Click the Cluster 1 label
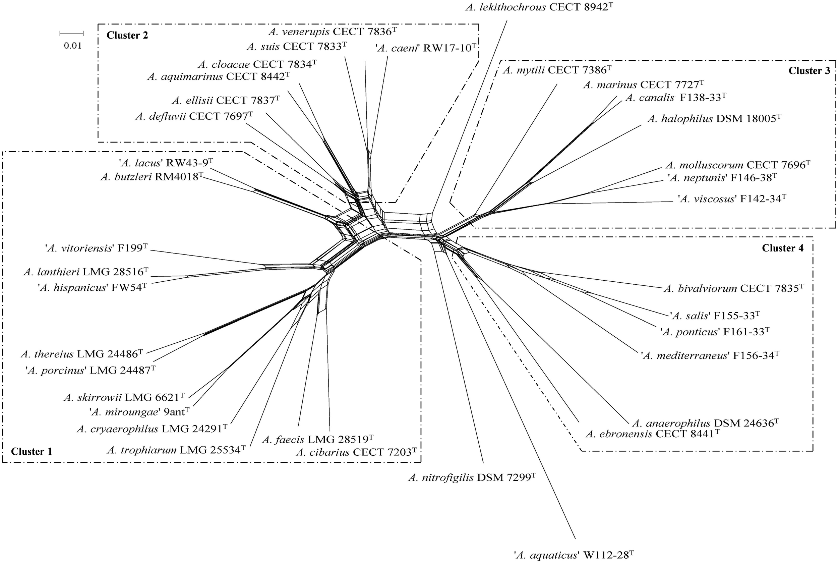pos(32,451)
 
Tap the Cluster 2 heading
pos(127,35)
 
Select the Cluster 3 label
pos(809,70)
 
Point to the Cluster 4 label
pos(783,248)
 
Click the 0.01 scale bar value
pos(73,46)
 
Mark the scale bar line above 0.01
pos(71,34)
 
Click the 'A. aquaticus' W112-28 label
pos(574,555)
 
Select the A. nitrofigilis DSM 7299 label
pos(472,478)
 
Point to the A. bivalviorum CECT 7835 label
pos(733,288)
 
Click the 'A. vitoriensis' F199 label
pos(96,248)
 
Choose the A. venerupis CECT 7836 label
pos(332,32)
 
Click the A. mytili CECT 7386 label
pos(557,70)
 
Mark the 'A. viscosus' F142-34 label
pos(732,199)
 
